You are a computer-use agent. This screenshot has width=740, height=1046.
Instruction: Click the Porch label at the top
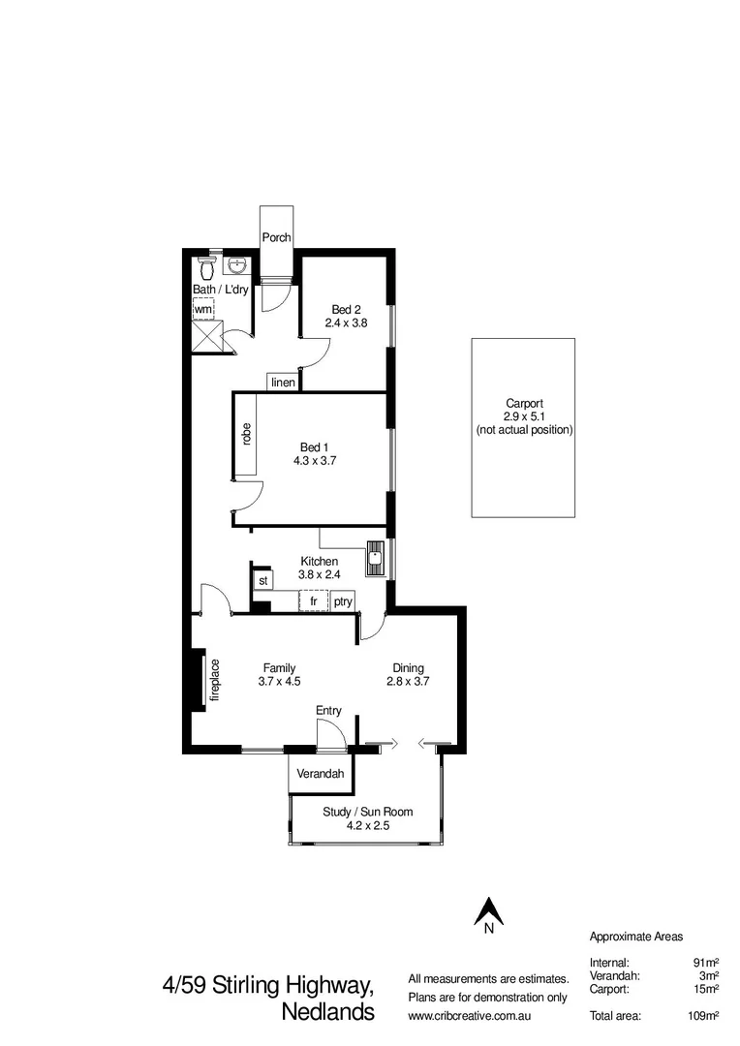click(x=276, y=237)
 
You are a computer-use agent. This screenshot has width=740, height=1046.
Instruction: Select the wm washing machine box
click(x=203, y=308)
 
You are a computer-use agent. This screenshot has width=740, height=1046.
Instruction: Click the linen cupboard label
click(x=283, y=383)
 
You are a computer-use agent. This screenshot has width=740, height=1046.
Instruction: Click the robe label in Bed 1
click(x=247, y=435)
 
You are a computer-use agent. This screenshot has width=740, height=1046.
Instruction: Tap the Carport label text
click(x=524, y=404)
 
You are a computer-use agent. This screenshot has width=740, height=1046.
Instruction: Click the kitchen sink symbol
click(x=374, y=556)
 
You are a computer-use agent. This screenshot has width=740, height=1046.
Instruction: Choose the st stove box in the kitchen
click(x=262, y=580)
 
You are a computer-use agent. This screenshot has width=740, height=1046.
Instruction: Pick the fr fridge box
click(x=314, y=601)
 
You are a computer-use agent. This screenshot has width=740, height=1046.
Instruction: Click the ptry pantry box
click(x=343, y=601)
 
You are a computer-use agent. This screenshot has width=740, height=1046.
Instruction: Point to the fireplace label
click(x=216, y=680)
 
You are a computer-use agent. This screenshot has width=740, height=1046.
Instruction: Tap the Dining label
click(x=407, y=667)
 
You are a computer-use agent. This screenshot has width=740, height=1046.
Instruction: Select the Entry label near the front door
click(x=328, y=710)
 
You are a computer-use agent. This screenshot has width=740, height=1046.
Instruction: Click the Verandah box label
click(x=321, y=773)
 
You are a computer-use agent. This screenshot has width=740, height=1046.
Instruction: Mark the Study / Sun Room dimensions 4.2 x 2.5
click(x=367, y=826)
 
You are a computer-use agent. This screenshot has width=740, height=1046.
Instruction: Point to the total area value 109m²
click(x=701, y=1015)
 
